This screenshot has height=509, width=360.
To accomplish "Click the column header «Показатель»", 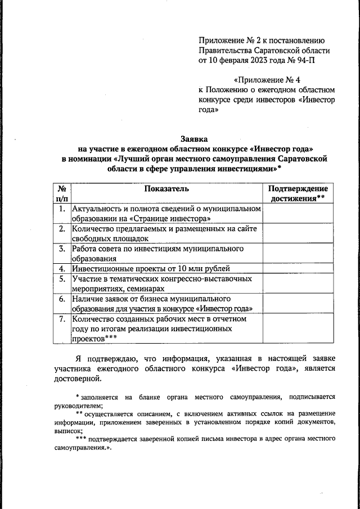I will click(166, 190).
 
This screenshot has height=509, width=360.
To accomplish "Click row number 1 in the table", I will click(62, 209).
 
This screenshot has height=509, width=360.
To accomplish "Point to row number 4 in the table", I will click(62, 269).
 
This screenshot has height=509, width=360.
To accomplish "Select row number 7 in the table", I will click(62, 319).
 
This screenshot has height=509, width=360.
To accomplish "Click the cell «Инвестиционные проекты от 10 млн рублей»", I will click(151, 269).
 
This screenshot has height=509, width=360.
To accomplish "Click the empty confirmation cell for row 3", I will click(298, 253).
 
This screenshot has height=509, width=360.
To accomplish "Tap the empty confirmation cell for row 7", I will click(298, 328).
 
